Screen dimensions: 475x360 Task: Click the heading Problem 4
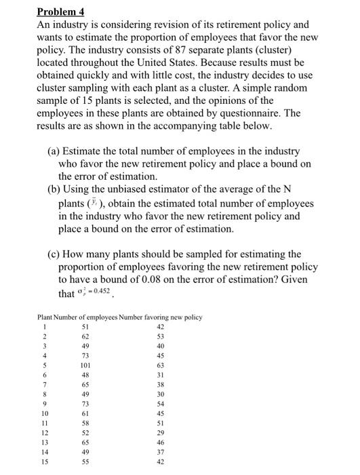coord(60,11)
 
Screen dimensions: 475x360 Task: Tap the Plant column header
coord(45,317)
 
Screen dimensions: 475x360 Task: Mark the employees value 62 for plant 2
coord(85,337)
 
